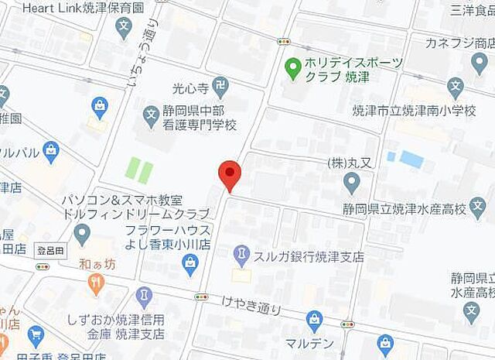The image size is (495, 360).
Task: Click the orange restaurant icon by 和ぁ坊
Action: (x=96, y=285)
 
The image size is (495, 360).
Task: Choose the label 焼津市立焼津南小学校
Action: (x=413, y=110)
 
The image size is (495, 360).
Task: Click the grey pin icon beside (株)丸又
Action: (x=352, y=183)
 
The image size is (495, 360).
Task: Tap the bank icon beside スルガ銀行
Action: (x=242, y=254)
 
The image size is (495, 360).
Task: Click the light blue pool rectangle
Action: (x=411, y=159)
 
